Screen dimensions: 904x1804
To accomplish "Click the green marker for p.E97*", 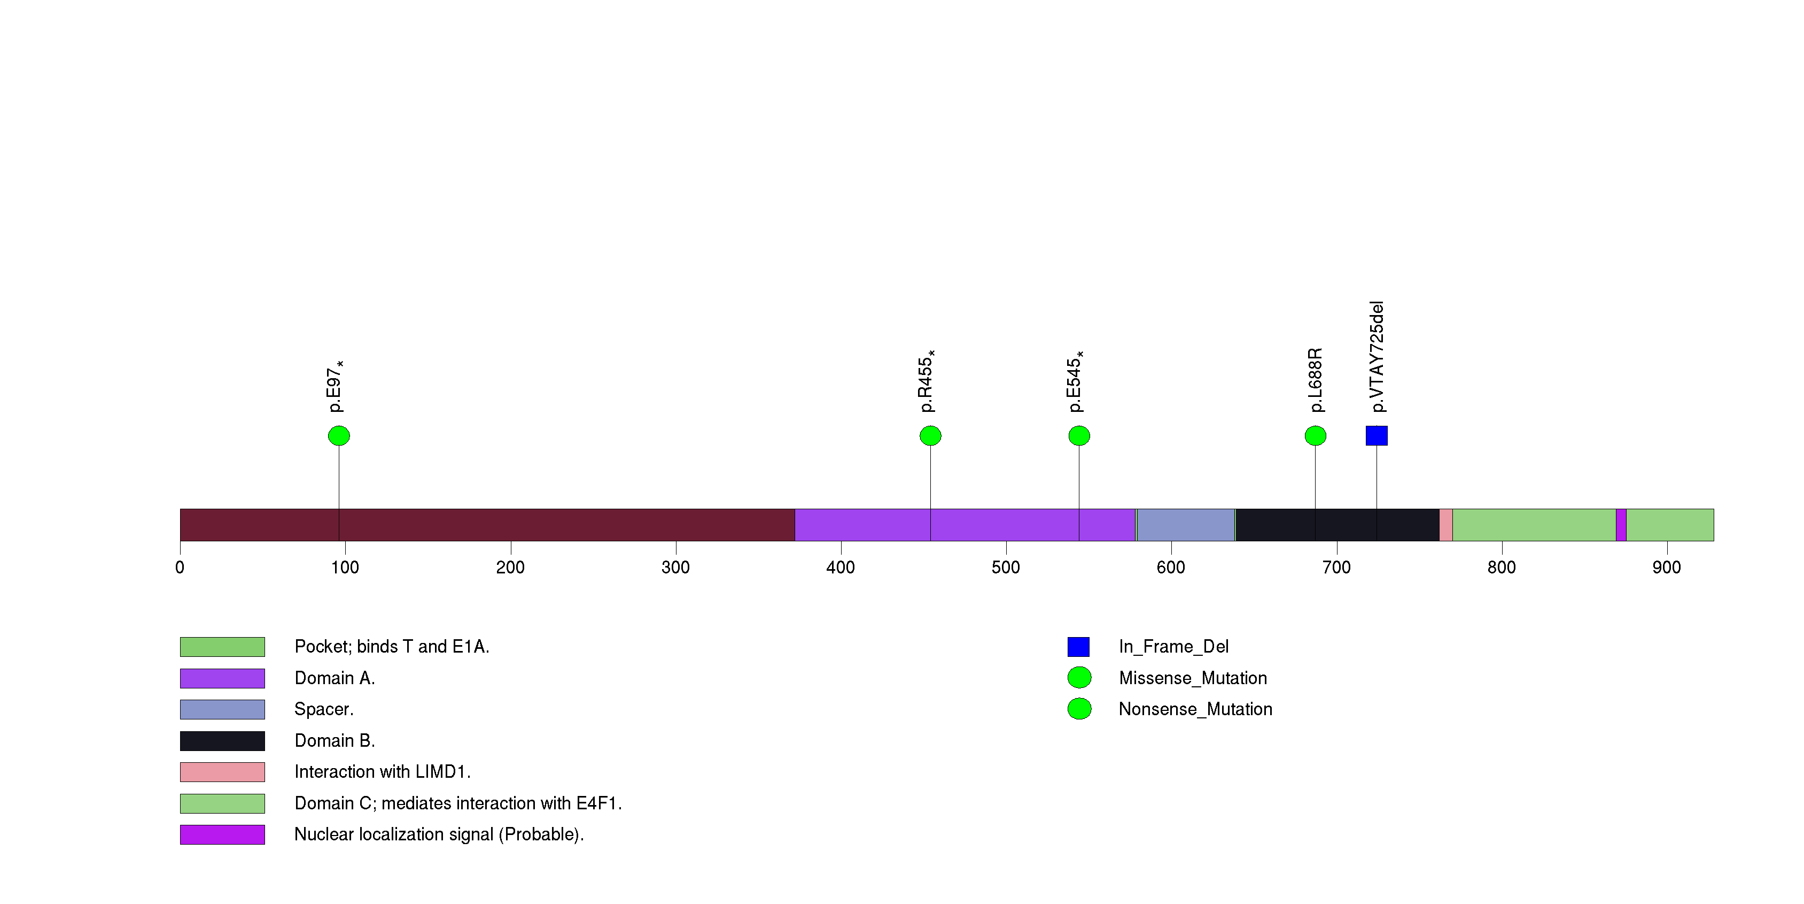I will [x=339, y=436].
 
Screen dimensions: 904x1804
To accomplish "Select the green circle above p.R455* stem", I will [x=930, y=436].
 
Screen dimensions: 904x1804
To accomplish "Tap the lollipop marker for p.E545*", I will [x=1079, y=436].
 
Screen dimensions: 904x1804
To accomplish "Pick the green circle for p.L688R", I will [x=1315, y=436].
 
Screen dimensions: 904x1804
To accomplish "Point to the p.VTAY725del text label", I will [x=1377, y=357].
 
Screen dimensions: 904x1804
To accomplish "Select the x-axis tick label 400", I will [x=841, y=568].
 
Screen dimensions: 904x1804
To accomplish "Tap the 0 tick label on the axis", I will [x=180, y=568].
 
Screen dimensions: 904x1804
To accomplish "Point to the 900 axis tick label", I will [x=1666, y=568].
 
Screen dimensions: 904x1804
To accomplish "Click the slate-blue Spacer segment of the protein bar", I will [x=1186, y=525].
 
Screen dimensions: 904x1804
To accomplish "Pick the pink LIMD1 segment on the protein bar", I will [x=1445, y=525].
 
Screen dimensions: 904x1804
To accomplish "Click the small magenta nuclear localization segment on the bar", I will [x=1621, y=525].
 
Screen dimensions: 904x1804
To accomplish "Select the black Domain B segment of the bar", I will [x=1337, y=525].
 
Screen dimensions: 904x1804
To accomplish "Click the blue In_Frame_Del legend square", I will [x=1078, y=647].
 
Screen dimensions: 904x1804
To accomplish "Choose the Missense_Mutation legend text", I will [x=1193, y=678].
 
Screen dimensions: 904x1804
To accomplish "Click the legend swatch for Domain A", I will [x=222, y=678].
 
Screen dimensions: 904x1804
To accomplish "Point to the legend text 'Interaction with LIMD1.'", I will [x=383, y=771].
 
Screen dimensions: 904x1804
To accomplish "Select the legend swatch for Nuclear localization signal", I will [x=222, y=834].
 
